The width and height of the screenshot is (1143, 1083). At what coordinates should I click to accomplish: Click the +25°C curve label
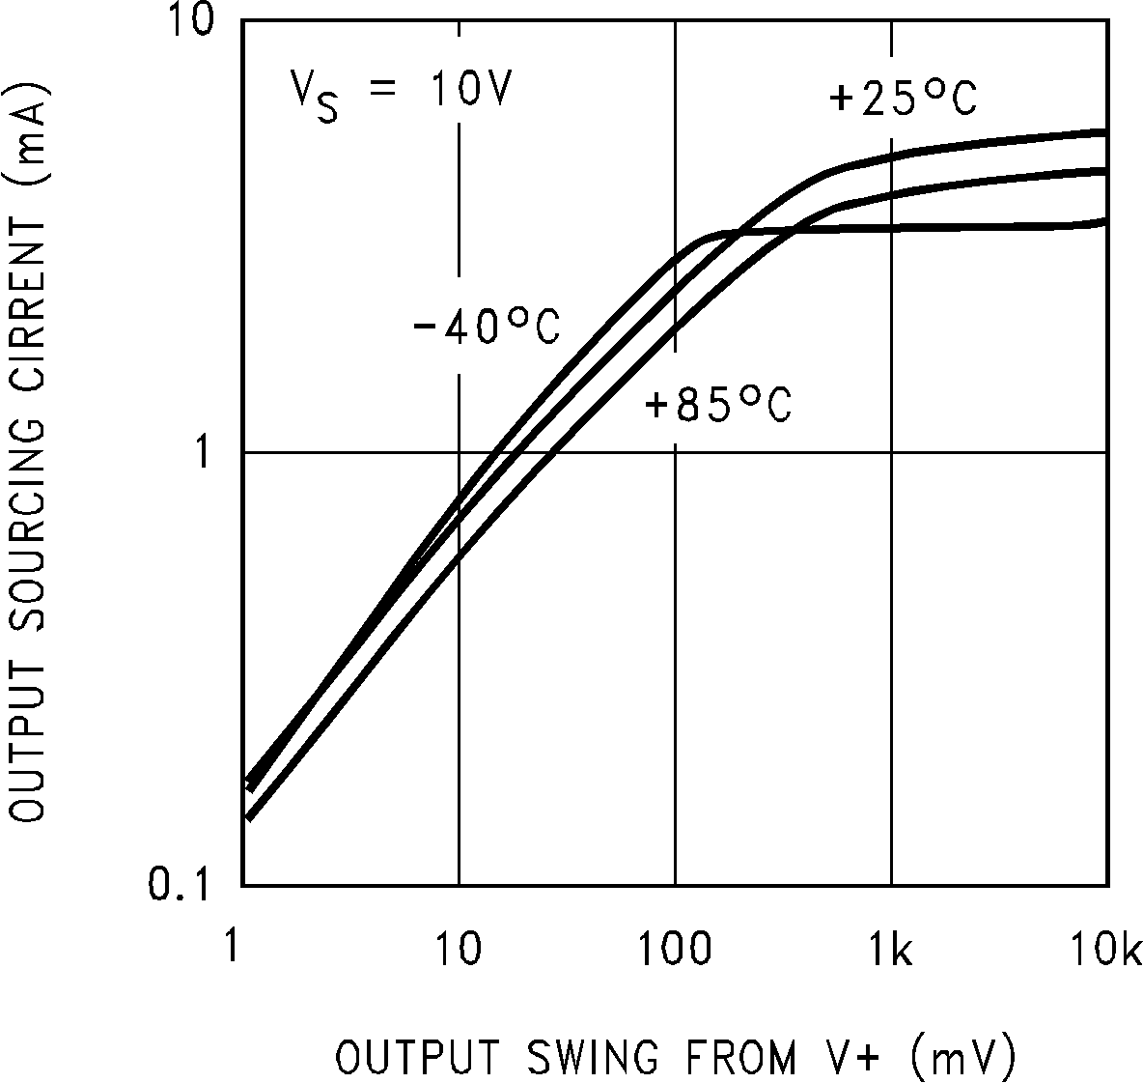(x=904, y=98)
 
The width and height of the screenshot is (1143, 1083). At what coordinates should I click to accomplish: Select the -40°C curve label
(x=486, y=327)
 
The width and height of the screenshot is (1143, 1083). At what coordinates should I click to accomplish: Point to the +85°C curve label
(x=718, y=405)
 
